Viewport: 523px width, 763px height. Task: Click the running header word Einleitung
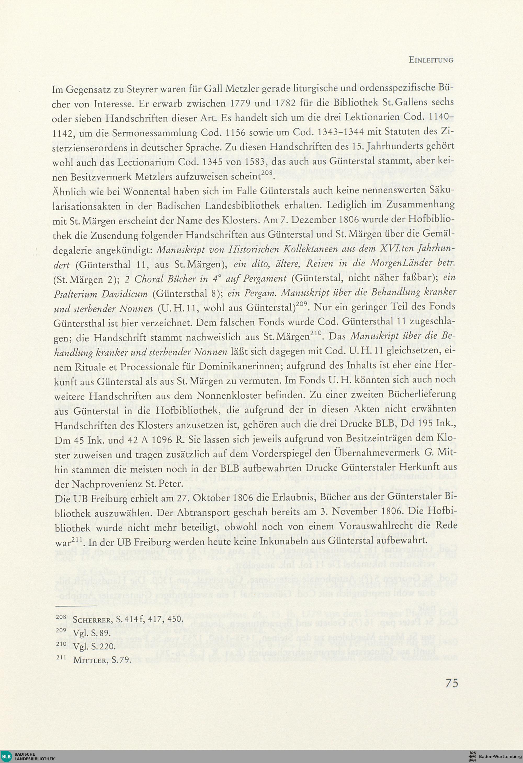point(431,60)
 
